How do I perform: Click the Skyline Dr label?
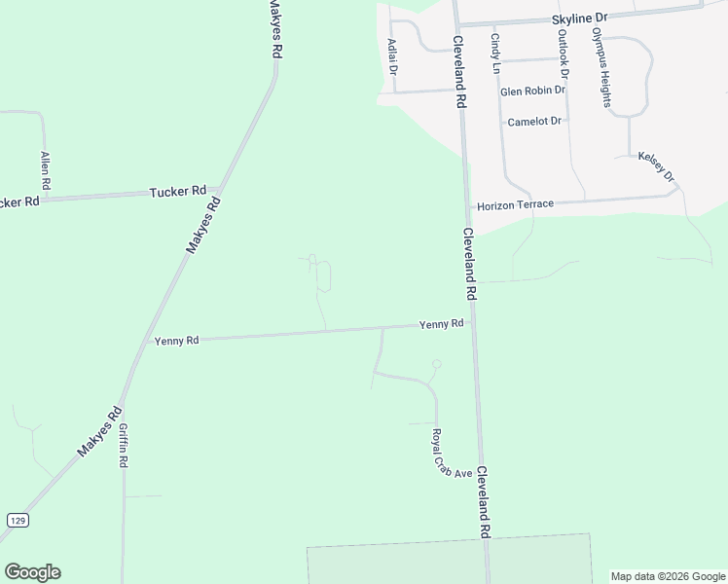click(578, 18)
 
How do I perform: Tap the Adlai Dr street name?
click(392, 56)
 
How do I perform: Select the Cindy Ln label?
click(495, 54)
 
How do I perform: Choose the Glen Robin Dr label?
click(532, 91)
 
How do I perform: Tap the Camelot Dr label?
click(535, 122)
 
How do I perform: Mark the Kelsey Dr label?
click(656, 166)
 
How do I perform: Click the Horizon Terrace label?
click(515, 204)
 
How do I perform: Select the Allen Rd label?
click(45, 169)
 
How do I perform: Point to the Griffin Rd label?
click(124, 447)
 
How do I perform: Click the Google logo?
click(32, 571)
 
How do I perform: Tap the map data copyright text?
click(668, 576)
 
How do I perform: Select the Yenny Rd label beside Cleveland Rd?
click(441, 324)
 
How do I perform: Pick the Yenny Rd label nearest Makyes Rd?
click(176, 341)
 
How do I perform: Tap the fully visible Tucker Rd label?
click(178, 192)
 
